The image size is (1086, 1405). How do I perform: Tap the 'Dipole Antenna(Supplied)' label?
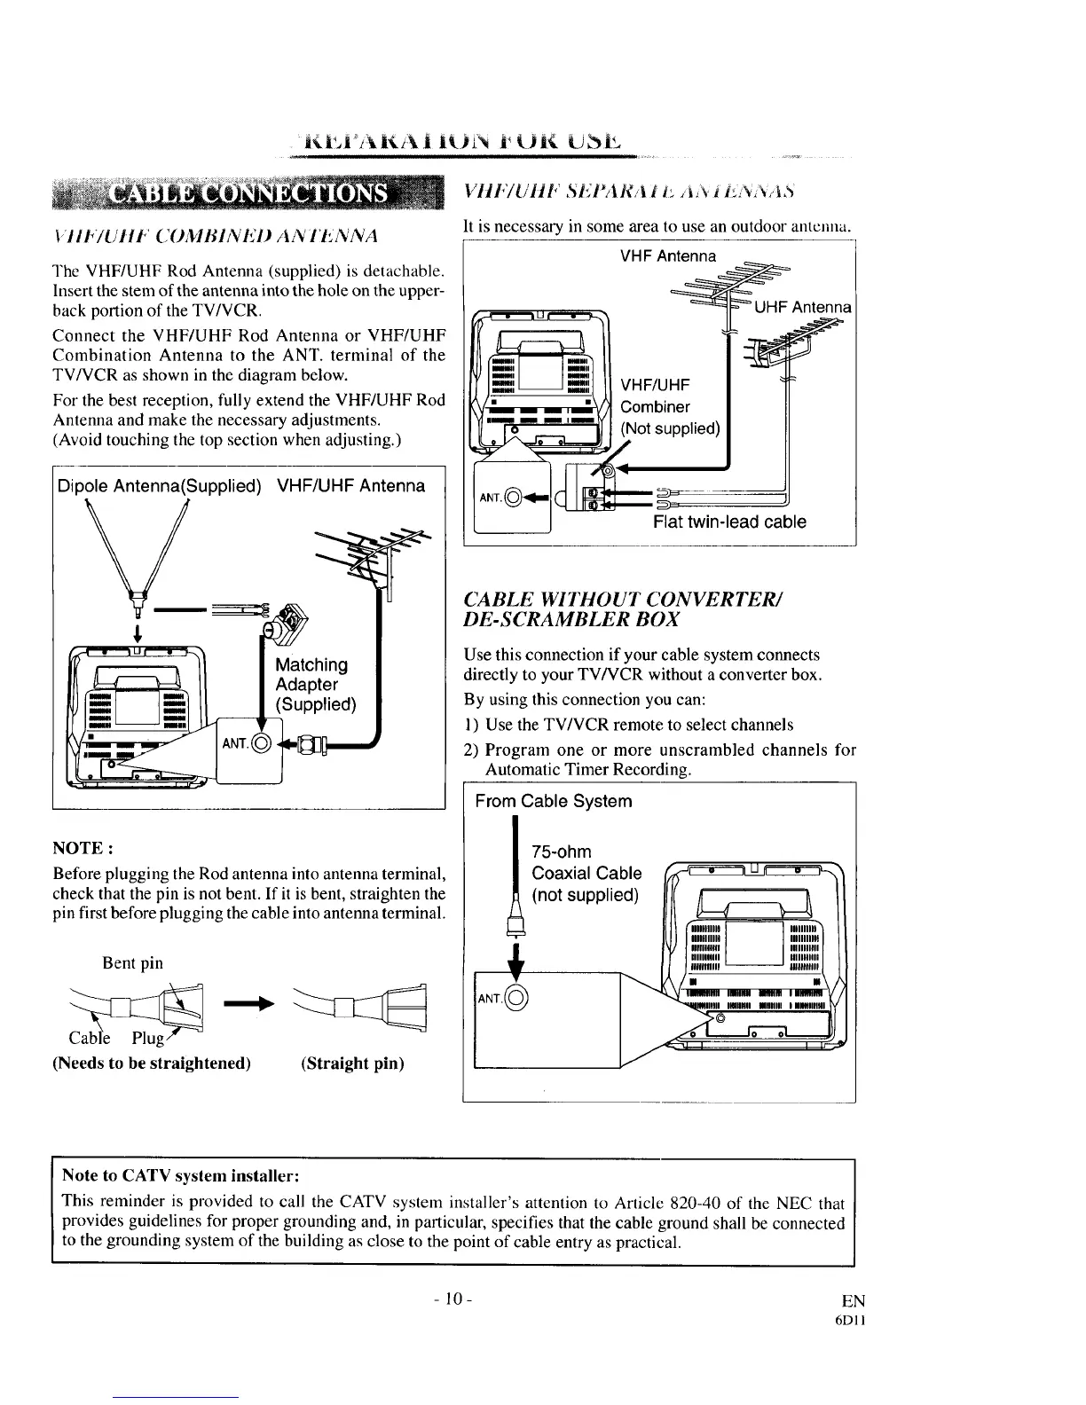point(159,486)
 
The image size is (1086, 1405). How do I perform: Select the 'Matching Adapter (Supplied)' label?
point(316,684)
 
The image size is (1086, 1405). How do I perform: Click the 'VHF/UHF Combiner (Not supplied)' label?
point(669,406)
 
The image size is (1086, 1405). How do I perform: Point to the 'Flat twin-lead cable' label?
point(729,522)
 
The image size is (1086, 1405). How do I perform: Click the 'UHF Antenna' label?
point(803,308)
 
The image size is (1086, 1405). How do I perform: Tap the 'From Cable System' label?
point(554,801)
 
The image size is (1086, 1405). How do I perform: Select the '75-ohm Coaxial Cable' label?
point(586,873)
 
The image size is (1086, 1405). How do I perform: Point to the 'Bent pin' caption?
point(133,962)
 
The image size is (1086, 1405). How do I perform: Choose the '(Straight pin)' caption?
point(352,1063)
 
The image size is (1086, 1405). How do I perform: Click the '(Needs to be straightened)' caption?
point(152,1063)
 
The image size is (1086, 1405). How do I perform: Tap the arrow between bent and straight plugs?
point(246,1005)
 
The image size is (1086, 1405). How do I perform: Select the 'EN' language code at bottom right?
point(853,1301)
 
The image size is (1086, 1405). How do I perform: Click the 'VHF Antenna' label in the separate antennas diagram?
point(667,256)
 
